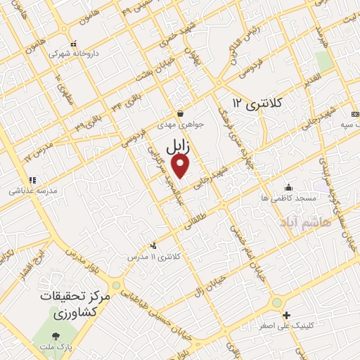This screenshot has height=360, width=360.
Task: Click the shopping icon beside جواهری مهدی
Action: pyautogui.click(x=181, y=112)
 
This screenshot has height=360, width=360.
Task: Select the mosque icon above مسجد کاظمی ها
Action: pyautogui.click(x=288, y=188)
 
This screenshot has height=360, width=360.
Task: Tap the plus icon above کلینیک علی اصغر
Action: pyautogui.click(x=285, y=314)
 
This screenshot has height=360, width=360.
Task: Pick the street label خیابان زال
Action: pyautogui.click(x=213, y=281)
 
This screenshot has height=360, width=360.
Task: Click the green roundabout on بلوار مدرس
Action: pyautogui.click(x=115, y=285)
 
